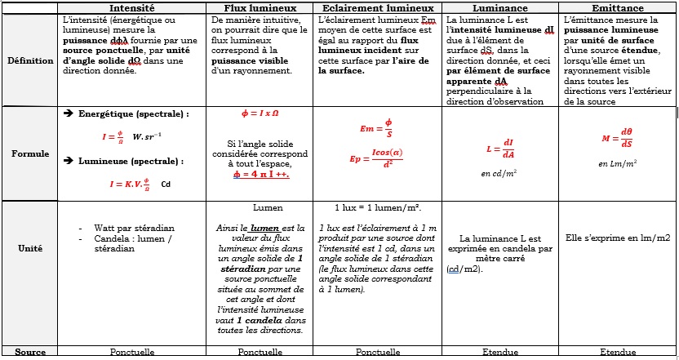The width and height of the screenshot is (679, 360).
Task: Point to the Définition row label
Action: click(30, 60)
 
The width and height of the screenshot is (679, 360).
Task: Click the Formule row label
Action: click(30, 153)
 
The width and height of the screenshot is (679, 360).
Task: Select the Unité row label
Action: click(30, 248)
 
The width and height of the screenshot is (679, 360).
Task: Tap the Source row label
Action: click(30, 353)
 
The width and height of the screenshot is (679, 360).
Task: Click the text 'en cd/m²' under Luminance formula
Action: click(499, 173)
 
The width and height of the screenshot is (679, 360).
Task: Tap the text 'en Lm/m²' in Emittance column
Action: click(616, 164)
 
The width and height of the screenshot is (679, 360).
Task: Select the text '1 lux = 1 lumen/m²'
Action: click(377, 208)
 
